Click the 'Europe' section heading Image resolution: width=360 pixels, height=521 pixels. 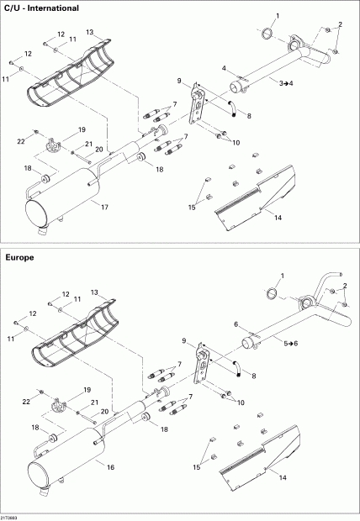pyautogui.click(x=19, y=258)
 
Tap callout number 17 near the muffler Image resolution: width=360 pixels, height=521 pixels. pyautogui.click(x=104, y=206)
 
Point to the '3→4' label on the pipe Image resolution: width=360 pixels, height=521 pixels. pyautogui.click(x=287, y=83)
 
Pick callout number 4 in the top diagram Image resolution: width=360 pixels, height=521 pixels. pyautogui.click(x=224, y=67)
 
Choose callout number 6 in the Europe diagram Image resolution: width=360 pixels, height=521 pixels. pyautogui.click(x=236, y=324)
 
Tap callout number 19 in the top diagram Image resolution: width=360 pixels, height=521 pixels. pyautogui.click(x=82, y=130)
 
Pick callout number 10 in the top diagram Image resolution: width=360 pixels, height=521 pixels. pyautogui.click(x=236, y=143)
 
